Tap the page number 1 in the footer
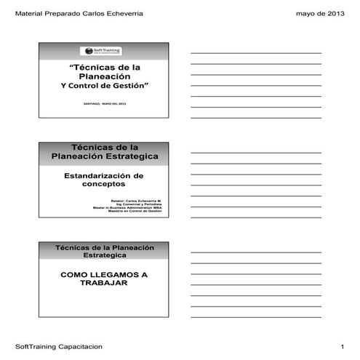pos(342,346)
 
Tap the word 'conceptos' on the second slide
pos(103,185)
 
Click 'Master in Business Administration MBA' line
pos(130,207)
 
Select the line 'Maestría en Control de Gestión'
pos(135,211)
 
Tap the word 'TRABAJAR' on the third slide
pos(103,284)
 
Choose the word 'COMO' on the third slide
pos(74,275)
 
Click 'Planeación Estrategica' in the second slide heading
pos(103,156)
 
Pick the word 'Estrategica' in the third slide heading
pos(103,257)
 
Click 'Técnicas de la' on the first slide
pos(103,67)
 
